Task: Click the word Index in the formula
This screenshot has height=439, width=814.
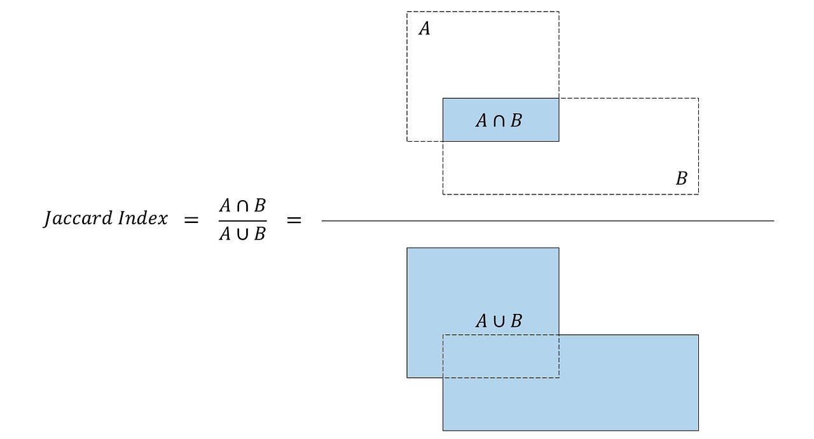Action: tap(143, 219)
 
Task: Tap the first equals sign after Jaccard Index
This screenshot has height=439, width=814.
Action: tap(191, 220)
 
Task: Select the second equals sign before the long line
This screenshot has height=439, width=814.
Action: tap(293, 220)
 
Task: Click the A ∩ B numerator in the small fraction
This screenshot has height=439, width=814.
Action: tap(242, 206)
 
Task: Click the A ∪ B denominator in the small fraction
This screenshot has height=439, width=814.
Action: tap(242, 234)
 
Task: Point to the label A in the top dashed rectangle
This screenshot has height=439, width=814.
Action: tap(424, 29)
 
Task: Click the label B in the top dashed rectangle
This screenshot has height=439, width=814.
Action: tap(681, 179)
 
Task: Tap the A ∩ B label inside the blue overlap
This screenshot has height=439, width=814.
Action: tap(499, 120)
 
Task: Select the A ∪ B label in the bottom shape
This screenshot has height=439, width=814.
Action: tap(499, 321)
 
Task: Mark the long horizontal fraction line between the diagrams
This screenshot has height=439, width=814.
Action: tap(547, 220)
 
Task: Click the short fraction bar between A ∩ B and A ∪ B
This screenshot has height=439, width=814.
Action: tap(242, 220)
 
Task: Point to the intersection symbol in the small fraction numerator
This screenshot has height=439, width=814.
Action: tap(243, 206)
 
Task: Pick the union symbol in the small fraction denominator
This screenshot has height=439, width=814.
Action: tap(243, 234)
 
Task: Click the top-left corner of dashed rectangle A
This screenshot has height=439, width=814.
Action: tap(407, 11)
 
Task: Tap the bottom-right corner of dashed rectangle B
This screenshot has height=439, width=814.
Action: tap(698, 194)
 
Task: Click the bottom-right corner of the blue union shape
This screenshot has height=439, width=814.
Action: tap(698, 430)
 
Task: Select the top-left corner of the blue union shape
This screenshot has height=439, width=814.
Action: tap(408, 248)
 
